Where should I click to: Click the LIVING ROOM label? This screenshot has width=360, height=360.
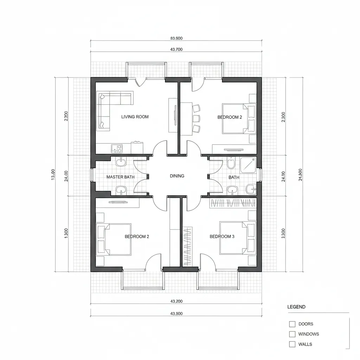[135, 117]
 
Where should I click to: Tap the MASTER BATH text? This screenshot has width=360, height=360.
[120, 177]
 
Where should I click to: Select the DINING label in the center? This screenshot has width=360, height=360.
[177, 176]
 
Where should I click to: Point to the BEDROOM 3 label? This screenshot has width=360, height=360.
[222, 237]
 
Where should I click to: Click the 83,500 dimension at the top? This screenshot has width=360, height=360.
[176, 38]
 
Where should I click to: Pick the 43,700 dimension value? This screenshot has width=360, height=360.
[176, 50]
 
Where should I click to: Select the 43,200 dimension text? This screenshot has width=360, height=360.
[176, 301]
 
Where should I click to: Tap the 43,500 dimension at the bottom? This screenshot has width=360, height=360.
[176, 314]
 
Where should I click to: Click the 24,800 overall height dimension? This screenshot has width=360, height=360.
[300, 175]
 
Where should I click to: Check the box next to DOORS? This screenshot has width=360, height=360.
[292, 324]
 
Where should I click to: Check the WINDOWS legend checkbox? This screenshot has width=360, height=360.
[292, 334]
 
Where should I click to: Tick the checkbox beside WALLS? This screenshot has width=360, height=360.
[292, 345]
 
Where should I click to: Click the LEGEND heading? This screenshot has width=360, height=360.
[296, 307]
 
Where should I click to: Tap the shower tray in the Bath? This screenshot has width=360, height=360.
[248, 164]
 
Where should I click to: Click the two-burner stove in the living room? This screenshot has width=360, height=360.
[117, 149]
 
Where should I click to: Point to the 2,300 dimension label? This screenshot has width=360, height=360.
[284, 117]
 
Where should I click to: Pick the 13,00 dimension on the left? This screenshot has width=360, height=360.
[53, 175]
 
